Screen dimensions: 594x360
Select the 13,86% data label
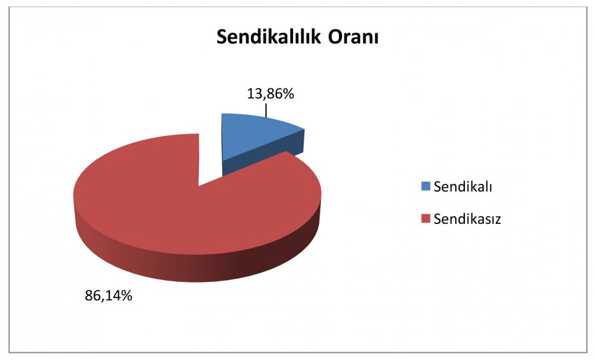270,94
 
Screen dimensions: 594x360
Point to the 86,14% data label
108,295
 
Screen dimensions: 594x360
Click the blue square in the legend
425,186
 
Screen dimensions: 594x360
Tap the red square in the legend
425,219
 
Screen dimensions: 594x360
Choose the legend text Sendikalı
462,186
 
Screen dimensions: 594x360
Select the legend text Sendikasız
467,219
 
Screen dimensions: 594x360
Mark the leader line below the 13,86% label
266,111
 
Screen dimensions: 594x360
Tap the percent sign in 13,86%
289,94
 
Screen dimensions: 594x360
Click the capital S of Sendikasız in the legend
438,219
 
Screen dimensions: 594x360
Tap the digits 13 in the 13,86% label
254,94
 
